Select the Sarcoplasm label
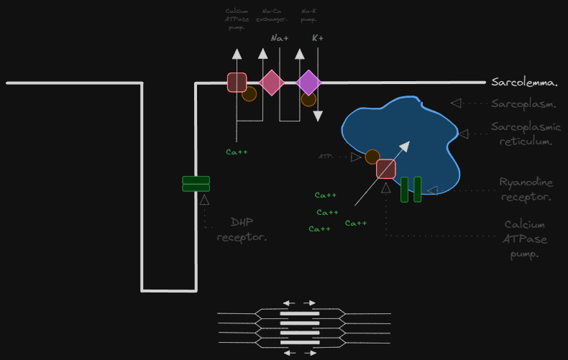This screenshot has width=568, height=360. click(x=523, y=103)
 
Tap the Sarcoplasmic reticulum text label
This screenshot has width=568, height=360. click(x=526, y=134)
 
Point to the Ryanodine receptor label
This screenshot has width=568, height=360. click(x=526, y=190)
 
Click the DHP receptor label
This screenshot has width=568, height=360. click(x=242, y=229)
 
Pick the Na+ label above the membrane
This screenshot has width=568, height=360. click(x=280, y=38)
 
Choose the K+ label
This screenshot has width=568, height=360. click(x=317, y=38)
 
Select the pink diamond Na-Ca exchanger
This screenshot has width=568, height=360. click(x=272, y=83)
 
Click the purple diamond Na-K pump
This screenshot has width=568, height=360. click(x=308, y=83)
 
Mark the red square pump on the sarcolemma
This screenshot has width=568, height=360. click(x=237, y=83)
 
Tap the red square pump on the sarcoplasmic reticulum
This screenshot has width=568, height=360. click(x=386, y=169)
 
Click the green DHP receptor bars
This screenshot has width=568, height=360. click(x=196, y=184)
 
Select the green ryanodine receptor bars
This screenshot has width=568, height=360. click(x=411, y=189)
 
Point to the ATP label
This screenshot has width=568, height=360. click(x=326, y=156)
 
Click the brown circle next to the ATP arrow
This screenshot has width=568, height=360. click(x=372, y=157)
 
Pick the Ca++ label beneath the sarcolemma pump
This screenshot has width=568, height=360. click(x=237, y=152)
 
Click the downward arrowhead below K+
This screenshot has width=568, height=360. click(x=318, y=116)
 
